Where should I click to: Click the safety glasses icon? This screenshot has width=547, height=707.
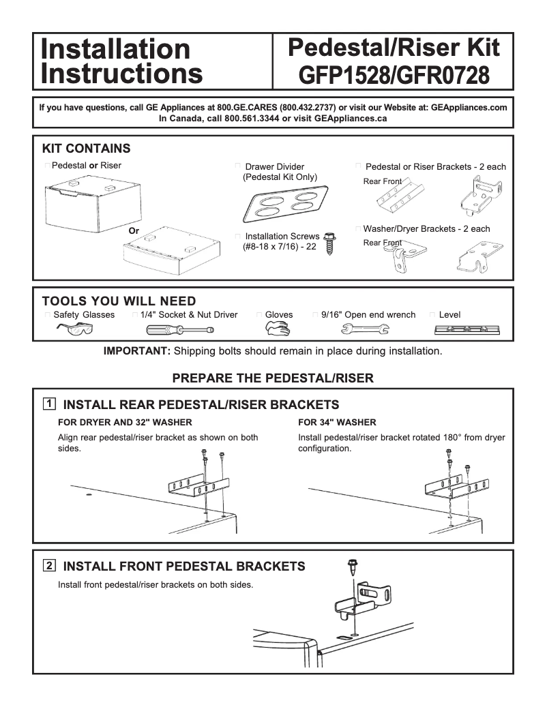(74, 329)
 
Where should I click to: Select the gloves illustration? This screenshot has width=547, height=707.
(277, 329)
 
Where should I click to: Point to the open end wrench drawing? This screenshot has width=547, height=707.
(364, 330)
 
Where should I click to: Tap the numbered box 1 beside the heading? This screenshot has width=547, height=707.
(50, 404)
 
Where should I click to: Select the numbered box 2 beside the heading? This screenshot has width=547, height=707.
(50, 565)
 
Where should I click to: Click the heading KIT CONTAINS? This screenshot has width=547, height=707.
(86, 149)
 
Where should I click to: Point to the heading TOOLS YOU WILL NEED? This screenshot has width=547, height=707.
(119, 301)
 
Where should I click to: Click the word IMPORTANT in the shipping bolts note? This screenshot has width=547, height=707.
(136, 351)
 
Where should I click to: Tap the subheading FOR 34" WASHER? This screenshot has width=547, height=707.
(337, 423)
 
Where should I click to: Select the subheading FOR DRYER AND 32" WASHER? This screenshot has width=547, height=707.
(125, 423)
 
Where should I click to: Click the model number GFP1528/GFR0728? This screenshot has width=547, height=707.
(393, 74)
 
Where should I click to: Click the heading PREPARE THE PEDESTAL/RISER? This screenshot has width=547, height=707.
(273, 378)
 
